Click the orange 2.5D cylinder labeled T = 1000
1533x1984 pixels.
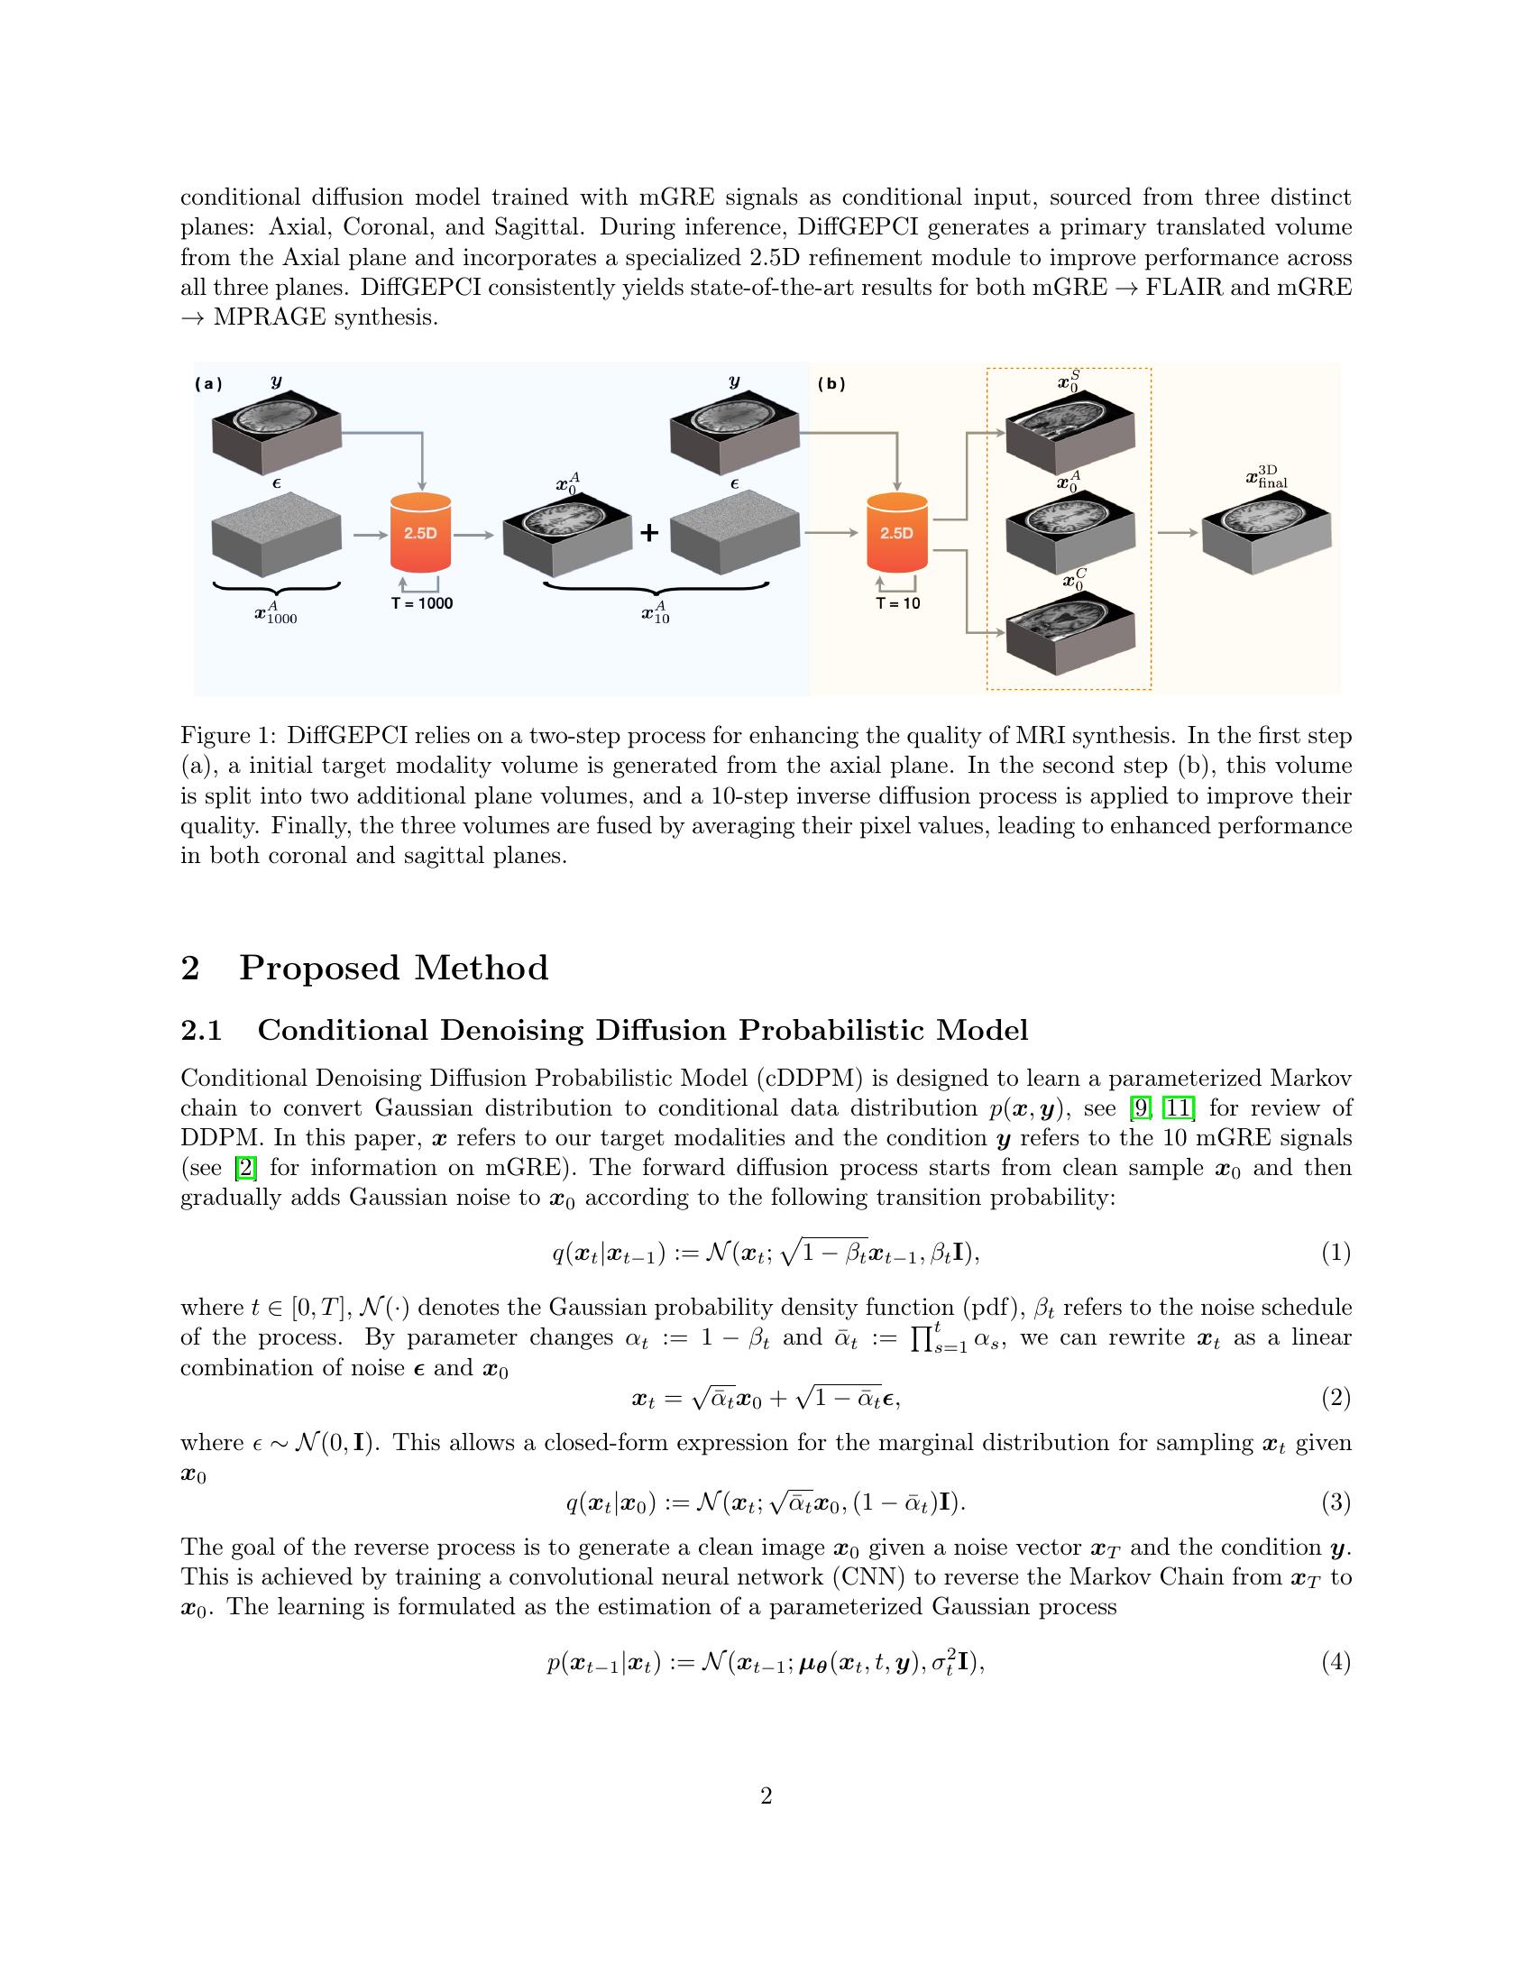[420, 533]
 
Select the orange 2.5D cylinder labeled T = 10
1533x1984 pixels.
[896, 533]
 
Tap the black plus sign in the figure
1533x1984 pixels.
[648, 533]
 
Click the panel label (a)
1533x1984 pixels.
[208, 383]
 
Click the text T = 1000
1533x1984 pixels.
[421, 603]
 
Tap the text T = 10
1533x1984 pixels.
[897, 603]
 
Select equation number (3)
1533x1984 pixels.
[1335, 1502]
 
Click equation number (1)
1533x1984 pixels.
[1335, 1254]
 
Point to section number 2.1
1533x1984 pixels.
[202, 1031]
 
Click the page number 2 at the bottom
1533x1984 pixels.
[766, 1796]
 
